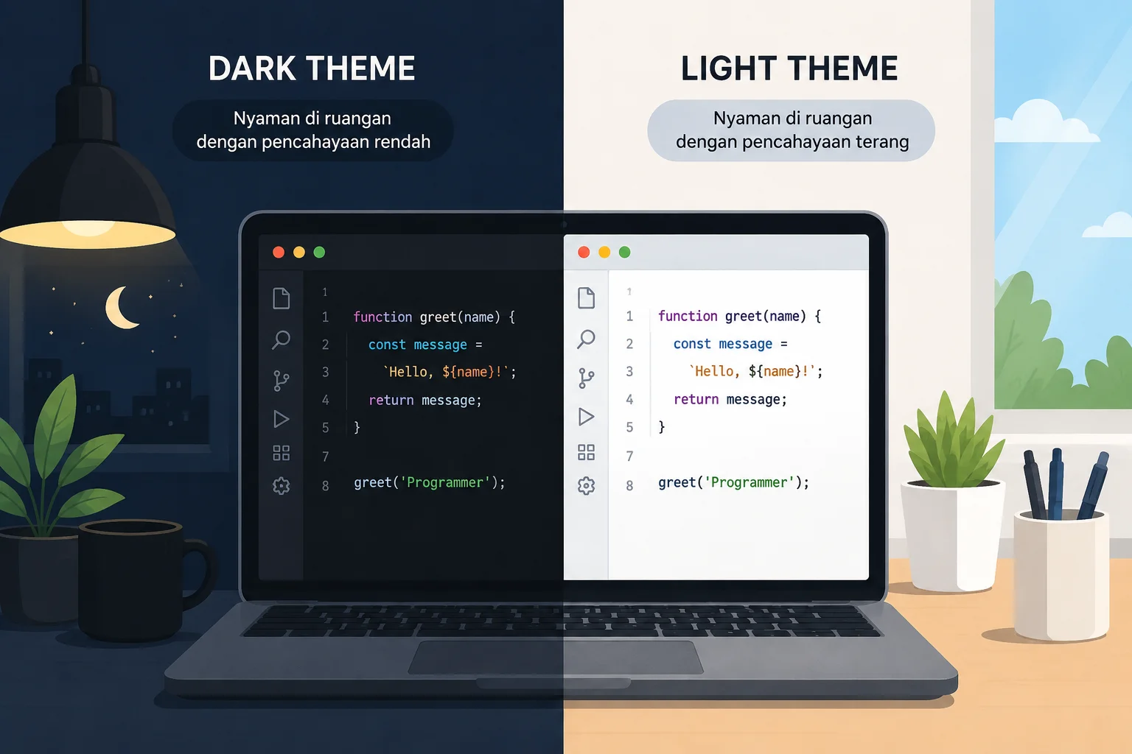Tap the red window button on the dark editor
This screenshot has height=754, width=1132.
279,252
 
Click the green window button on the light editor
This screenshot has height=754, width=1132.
625,252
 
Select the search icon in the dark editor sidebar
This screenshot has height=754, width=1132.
281,339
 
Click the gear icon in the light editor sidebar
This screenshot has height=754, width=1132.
586,485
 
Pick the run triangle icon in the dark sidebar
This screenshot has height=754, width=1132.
281,419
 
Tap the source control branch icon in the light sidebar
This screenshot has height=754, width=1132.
586,378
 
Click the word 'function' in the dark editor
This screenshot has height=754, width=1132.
382,317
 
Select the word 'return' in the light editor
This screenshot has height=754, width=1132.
696,399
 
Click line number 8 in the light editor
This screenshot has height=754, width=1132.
629,485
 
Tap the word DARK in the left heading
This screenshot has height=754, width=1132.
252,68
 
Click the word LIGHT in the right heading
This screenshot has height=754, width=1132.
727,68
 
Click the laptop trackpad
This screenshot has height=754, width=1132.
556,657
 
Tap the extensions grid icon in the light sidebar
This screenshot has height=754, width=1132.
586,452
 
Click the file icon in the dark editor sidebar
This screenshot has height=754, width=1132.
281,298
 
